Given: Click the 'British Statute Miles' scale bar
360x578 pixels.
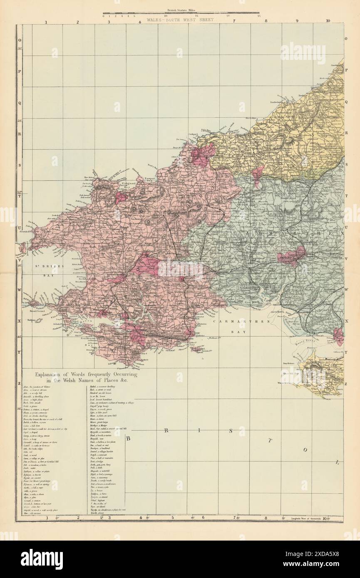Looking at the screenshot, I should click(x=181, y=12).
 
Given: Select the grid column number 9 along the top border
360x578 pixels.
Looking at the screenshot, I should click(x=297, y=20).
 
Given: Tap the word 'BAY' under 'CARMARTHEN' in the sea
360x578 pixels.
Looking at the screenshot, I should click(x=240, y=332).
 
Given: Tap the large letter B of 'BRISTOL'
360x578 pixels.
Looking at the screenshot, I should click(x=129, y=438).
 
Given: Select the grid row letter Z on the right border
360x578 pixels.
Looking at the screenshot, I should click(x=346, y=383).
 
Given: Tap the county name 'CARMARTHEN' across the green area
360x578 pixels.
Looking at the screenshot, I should click(x=287, y=235).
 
